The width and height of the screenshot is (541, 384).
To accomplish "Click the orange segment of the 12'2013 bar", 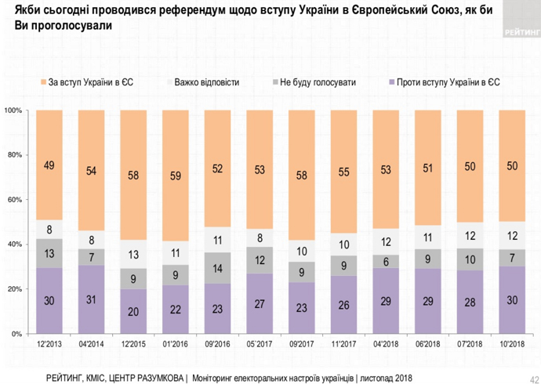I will click(x=49, y=165).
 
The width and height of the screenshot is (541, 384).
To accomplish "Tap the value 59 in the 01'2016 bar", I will click(x=176, y=176).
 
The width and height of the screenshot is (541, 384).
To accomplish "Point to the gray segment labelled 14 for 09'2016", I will click(x=218, y=268).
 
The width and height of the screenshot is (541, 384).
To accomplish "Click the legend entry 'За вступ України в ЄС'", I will click(x=90, y=82).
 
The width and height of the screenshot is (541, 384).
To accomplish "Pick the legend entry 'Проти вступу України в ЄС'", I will click(x=443, y=82).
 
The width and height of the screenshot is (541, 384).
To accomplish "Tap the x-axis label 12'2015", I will click(x=133, y=344).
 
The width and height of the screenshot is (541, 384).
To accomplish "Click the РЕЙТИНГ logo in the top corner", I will click(x=520, y=32).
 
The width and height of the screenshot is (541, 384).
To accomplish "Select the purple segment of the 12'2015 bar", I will click(x=133, y=311).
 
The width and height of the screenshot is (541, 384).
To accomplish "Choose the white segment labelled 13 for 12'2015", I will click(x=133, y=254).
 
